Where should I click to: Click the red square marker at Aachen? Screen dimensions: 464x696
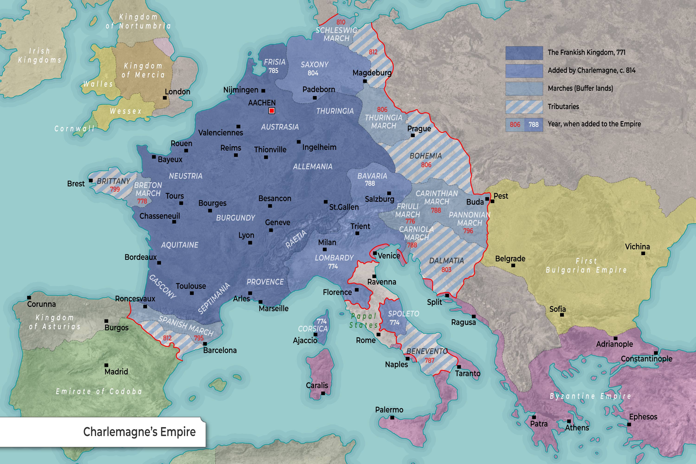(272, 111)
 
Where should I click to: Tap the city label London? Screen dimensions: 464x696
(177, 92)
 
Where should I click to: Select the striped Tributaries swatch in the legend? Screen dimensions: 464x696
(524, 107)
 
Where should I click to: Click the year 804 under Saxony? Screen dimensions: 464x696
(313, 73)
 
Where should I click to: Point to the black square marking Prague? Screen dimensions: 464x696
(413, 135)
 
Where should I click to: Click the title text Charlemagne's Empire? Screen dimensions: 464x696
(139, 432)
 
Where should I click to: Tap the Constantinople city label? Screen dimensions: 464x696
(646, 359)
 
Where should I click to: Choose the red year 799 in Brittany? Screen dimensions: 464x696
(115, 189)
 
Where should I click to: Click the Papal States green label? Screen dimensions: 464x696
(363, 320)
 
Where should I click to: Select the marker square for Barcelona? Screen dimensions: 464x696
(205, 344)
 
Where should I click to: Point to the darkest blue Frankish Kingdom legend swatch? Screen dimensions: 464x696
(524, 53)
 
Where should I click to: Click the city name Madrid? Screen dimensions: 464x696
(116, 372)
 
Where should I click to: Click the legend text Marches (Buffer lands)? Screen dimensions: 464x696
(580, 88)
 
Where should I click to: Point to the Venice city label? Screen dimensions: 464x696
(389, 256)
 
